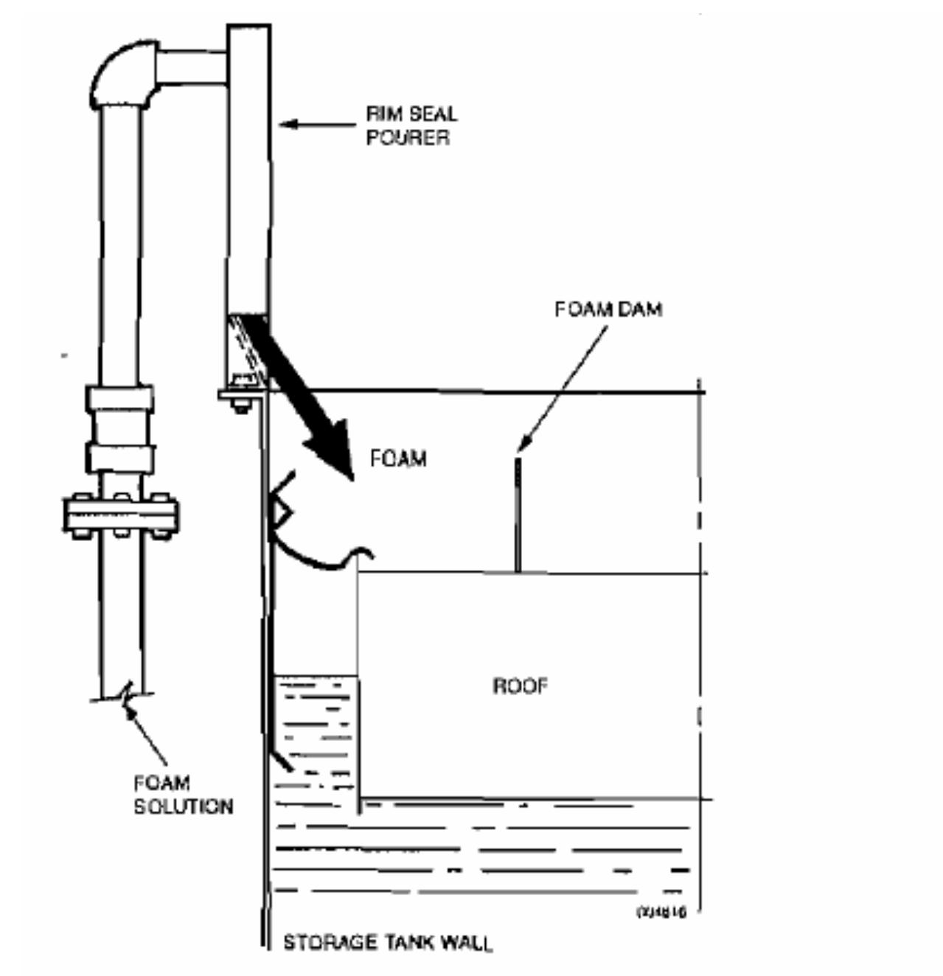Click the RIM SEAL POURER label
point(411,125)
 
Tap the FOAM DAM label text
point(608,309)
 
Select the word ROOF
point(521,686)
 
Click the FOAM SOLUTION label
point(183,794)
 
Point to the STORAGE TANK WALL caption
point(388,942)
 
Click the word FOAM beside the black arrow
point(398,459)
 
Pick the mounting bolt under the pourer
point(240,404)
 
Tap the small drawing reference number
point(661,912)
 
